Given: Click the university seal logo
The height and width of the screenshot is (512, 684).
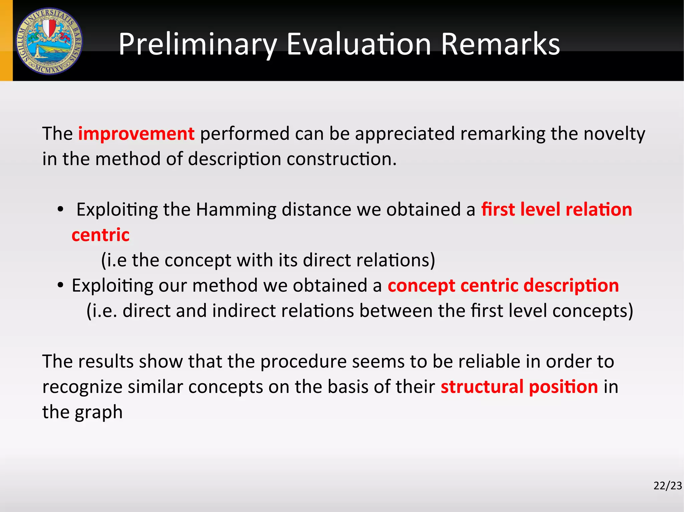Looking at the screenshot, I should pos(49,41).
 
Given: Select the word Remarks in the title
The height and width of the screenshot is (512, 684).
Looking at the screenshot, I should pos(500,44).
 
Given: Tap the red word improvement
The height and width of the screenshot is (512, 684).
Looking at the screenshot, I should pos(136,134).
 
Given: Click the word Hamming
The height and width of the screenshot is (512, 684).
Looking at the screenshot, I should pos(236,210).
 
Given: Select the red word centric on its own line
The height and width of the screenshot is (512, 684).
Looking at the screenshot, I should pos(100,235).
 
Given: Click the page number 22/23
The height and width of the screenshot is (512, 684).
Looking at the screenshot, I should pos(667,486).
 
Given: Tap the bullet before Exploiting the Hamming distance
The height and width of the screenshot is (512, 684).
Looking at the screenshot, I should pos(60,210).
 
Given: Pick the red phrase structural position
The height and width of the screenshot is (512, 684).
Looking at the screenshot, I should pos(519,387).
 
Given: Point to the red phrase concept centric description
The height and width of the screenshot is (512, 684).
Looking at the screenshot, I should pos(503,286).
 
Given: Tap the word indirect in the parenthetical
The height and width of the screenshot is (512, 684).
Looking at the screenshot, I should pos(243,311).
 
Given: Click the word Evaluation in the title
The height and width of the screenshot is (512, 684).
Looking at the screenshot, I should pos(359,44).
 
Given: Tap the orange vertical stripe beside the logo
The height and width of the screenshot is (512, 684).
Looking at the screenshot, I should pos(6,40).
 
